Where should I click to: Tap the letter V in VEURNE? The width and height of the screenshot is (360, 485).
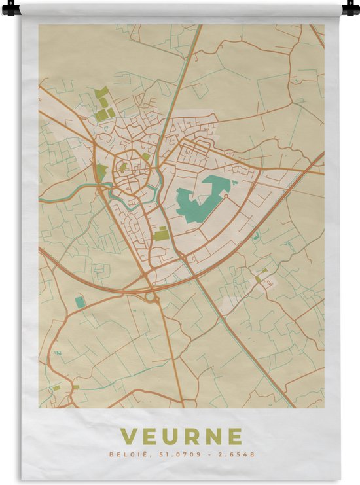[x=128, y=437]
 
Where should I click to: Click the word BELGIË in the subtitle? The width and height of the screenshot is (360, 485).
[x=121, y=454]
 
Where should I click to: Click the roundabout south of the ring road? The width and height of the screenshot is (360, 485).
[x=152, y=298]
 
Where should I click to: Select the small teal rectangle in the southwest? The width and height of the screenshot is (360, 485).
[x=80, y=302]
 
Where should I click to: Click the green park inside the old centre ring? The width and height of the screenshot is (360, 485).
[x=122, y=168]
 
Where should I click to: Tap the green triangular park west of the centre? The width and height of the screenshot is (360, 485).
[x=101, y=171]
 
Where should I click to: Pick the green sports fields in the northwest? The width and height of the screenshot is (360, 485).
[x=103, y=105]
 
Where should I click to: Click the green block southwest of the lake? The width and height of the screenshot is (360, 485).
[x=161, y=233]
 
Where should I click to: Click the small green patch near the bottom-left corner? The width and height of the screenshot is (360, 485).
[x=56, y=388]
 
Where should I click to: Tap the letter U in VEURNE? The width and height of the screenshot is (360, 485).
[x=170, y=437]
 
